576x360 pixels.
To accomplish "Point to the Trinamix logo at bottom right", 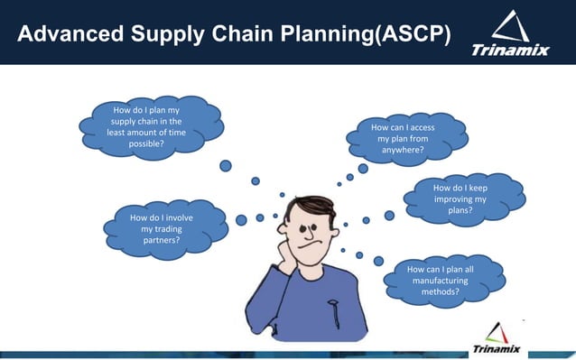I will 497,339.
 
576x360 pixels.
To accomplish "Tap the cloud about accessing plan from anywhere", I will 403,140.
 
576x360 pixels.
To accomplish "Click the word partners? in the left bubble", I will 161,242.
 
